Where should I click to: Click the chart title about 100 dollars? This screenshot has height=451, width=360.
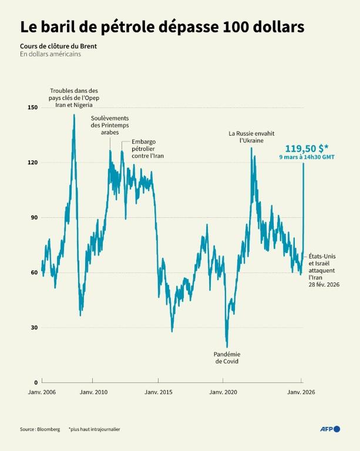[162, 27]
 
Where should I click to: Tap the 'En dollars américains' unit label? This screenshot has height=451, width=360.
[50, 55]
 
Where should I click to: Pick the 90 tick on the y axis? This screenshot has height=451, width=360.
[33, 217]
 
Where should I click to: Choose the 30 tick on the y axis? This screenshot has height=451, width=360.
[33, 327]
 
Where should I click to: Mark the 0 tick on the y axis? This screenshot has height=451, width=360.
[35, 382]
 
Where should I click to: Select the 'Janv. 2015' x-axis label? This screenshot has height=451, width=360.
[158, 392]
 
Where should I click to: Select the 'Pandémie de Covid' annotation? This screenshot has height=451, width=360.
[227, 358]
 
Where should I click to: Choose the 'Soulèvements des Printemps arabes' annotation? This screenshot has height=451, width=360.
[110, 125]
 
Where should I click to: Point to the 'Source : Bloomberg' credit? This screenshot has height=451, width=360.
[40, 429]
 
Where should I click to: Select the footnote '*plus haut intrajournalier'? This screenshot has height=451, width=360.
[94, 429]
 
